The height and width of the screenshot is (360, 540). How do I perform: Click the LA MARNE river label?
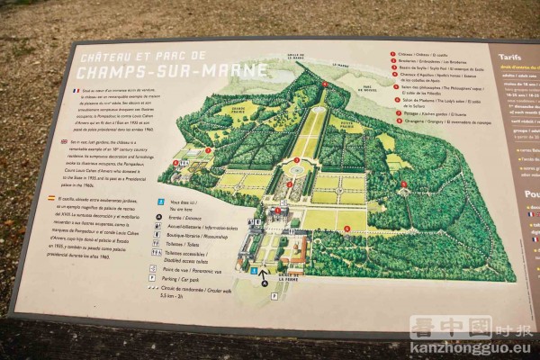(340, 65)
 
